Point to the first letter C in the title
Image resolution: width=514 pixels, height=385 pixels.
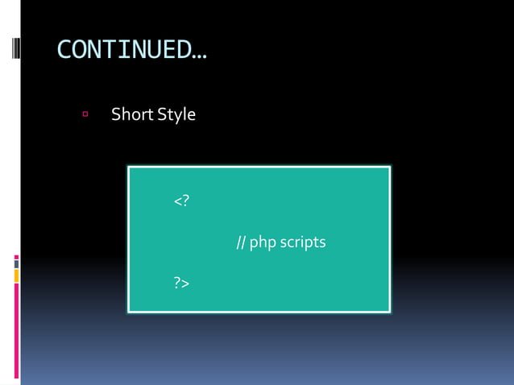coord(64,50)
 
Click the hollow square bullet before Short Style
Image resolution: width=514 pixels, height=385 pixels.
coord(85,114)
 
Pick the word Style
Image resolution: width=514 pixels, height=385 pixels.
coord(176,114)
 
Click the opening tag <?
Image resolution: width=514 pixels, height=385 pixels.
coord(181,200)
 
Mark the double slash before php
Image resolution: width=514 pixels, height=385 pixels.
coord(241,242)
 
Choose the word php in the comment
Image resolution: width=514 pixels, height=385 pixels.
coord(263,242)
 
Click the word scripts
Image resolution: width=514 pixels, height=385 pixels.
coord(304,242)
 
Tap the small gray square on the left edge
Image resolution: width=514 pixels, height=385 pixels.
coord(16,263)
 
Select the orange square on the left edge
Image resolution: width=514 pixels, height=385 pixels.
coord(16,275)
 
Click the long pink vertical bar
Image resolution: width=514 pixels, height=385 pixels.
coord(16,330)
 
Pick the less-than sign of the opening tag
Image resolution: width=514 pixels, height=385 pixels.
coord(177,201)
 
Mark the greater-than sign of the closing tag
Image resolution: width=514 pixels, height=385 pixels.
coord(185,283)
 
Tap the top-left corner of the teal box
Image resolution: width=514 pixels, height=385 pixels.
coord(129,168)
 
